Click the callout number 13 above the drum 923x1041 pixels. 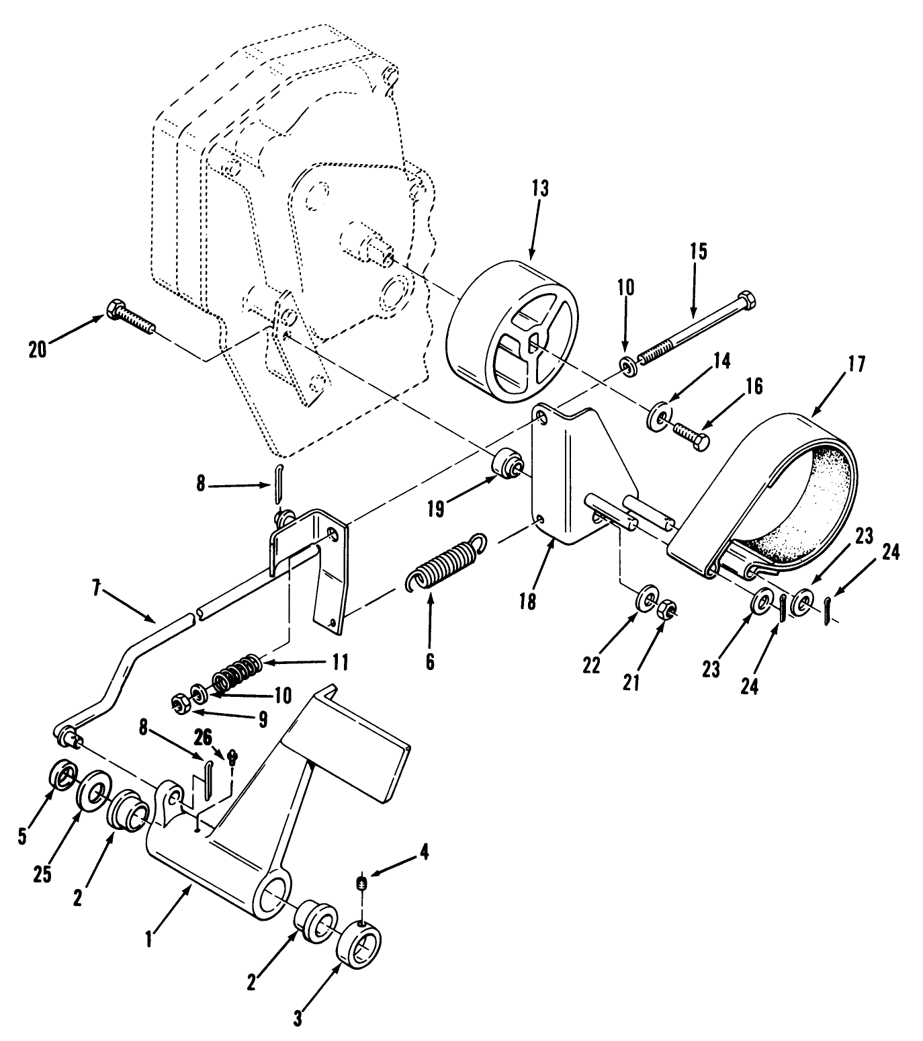pyautogui.click(x=540, y=190)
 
